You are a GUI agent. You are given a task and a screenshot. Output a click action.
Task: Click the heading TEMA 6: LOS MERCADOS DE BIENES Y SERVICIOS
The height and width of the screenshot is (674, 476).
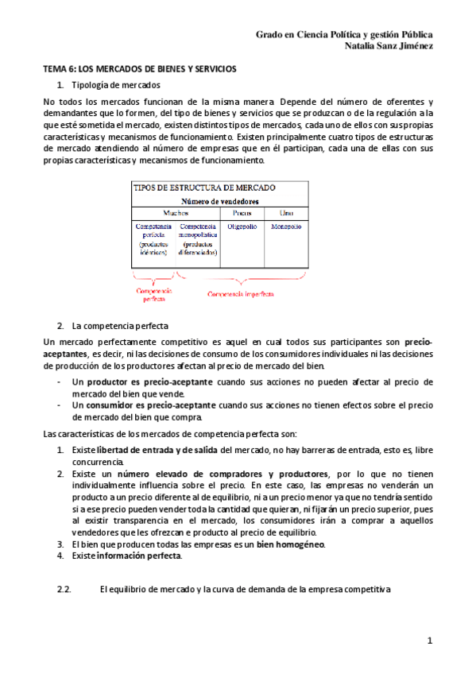click(x=139, y=69)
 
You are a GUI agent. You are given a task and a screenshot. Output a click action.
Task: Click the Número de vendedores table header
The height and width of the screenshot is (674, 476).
click(x=220, y=202)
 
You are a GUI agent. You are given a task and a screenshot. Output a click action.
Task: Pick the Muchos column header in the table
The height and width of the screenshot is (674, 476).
click(x=176, y=214)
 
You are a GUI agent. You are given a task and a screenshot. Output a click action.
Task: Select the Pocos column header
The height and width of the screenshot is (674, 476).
click(x=242, y=214)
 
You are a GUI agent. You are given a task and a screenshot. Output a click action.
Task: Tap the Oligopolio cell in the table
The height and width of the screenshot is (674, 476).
click(x=242, y=227)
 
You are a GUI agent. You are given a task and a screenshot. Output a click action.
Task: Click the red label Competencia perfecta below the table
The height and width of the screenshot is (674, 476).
click(x=155, y=295)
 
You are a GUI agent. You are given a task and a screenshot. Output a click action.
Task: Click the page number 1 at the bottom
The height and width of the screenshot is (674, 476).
click(x=429, y=640)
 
